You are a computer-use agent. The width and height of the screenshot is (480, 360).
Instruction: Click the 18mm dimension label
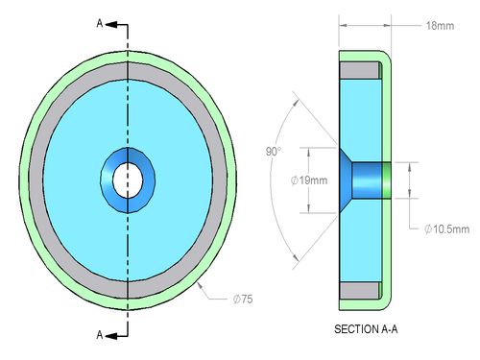click(440, 26)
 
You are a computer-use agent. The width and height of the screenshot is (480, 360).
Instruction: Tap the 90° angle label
click(274, 152)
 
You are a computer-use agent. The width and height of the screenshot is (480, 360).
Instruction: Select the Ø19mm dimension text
click(309, 180)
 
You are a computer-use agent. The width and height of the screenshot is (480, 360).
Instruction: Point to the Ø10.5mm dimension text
click(446, 229)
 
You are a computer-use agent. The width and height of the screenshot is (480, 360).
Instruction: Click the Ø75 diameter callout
click(243, 300)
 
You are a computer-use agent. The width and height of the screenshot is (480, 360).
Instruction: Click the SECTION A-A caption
click(366, 329)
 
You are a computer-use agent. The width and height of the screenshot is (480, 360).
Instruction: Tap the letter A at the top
click(100, 23)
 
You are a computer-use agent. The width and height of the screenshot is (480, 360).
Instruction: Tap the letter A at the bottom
click(100, 335)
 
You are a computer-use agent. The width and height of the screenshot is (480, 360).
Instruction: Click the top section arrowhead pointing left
click(110, 25)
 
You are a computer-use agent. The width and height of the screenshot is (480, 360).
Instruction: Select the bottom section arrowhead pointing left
click(110, 336)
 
